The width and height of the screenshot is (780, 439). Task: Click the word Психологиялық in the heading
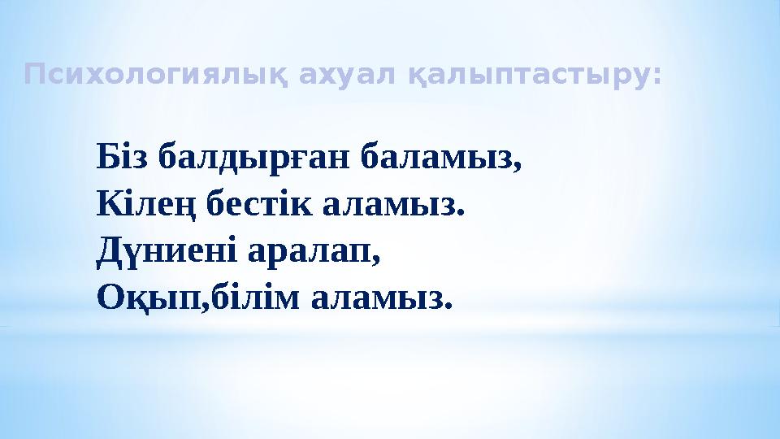[x=158, y=76]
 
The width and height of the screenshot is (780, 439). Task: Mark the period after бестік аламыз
[x=464, y=211]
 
